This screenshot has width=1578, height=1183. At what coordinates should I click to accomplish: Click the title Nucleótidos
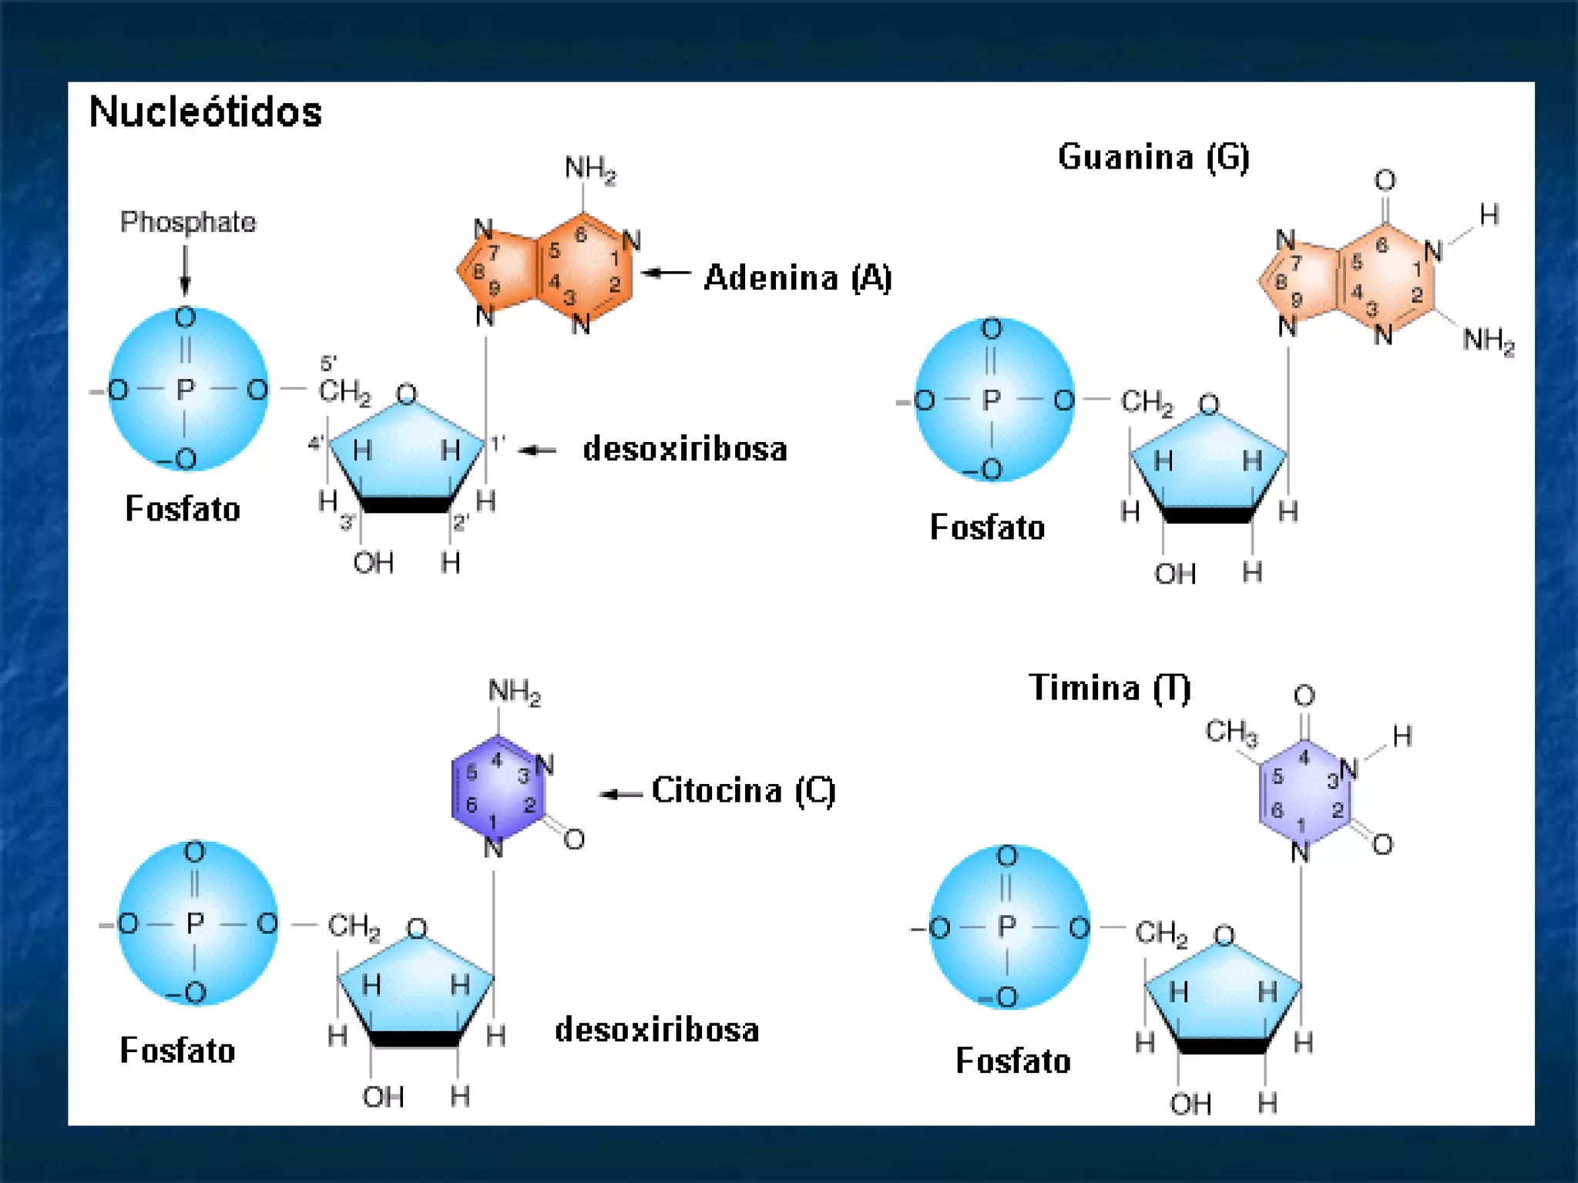205,112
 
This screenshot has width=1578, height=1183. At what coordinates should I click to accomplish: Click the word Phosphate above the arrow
188,223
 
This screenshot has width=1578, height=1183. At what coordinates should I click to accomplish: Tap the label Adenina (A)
797,277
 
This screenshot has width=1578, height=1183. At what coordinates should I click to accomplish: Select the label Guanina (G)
1153,157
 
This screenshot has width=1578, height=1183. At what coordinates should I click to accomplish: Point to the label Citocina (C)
743,791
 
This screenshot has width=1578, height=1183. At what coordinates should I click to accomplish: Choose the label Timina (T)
1110,688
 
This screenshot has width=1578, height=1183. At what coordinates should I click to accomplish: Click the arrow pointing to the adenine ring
666,273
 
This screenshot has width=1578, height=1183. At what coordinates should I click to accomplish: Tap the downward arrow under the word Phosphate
185,270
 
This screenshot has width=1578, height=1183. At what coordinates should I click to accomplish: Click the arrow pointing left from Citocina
621,794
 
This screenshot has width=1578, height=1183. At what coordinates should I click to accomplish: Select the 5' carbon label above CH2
328,363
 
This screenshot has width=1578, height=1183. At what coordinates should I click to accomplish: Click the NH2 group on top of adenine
589,168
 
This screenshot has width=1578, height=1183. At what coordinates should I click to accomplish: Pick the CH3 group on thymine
1231,732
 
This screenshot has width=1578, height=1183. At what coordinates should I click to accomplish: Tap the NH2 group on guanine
1488,340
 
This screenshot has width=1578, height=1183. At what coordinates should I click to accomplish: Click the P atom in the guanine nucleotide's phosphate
992,400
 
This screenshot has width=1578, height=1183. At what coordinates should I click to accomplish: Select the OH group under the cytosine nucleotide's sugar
383,1097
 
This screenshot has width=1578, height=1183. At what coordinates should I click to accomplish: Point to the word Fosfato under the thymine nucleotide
1012,1061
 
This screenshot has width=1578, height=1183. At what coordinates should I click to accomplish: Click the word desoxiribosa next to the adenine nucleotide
684,449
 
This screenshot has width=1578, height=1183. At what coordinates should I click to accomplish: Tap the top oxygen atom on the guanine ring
1385,181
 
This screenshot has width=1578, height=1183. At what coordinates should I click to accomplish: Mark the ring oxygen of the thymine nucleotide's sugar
1224,936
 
